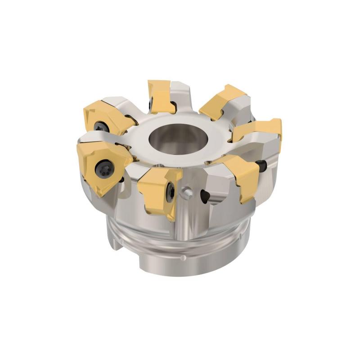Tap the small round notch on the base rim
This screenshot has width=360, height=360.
click(183, 258)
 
